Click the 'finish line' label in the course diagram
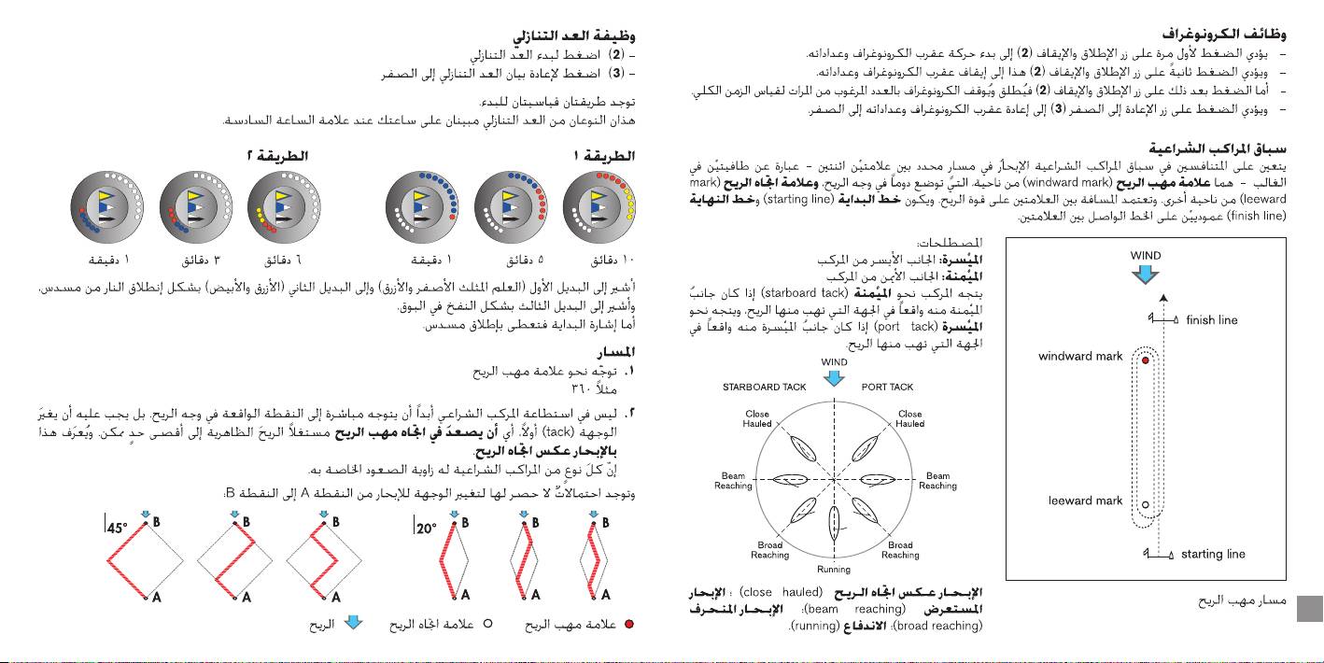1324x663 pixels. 1211,320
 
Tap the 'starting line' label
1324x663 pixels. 1213,554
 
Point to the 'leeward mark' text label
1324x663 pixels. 1084,501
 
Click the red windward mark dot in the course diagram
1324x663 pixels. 1145,359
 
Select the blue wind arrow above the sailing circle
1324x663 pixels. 835,377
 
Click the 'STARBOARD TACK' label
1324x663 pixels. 765,387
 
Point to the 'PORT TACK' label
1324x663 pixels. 887,387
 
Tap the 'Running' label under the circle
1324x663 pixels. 834,569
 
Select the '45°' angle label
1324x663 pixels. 117,528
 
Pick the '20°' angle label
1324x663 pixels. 426,528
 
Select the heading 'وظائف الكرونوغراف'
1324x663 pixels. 1232,35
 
